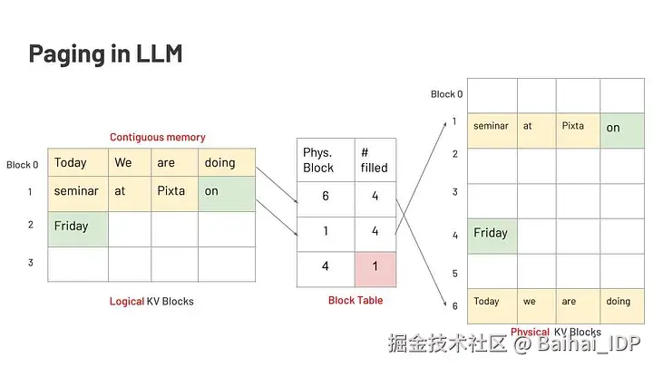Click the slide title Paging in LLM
(x=105, y=54)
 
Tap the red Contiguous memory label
(x=158, y=138)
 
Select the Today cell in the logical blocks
(x=78, y=162)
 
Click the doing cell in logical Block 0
(x=227, y=162)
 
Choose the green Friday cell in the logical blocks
(x=78, y=229)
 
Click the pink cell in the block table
(x=375, y=269)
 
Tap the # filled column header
(x=375, y=160)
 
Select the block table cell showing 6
(x=326, y=199)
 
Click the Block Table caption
(x=356, y=301)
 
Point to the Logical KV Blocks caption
(x=151, y=301)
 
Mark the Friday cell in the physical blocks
(x=492, y=237)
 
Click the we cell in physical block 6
(x=537, y=306)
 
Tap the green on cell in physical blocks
(x=622, y=130)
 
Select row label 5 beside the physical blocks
(x=454, y=274)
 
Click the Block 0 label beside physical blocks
(x=447, y=94)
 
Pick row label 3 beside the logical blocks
(x=31, y=263)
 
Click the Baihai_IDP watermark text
(x=589, y=343)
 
